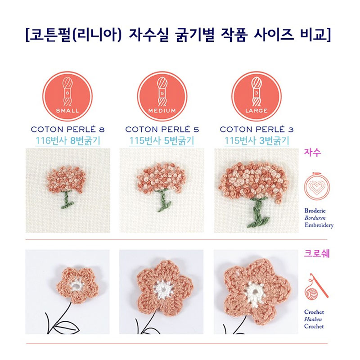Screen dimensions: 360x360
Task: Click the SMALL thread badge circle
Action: [x=67, y=96]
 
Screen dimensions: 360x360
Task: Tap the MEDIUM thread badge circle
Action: [x=162, y=96]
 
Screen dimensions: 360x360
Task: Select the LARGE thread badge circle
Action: [x=256, y=96]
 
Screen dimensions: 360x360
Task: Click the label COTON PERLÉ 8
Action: [x=68, y=129]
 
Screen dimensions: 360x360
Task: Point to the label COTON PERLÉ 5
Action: [x=162, y=129]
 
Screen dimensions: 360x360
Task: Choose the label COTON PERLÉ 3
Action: [x=256, y=129]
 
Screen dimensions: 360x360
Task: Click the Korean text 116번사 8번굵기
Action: [x=68, y=141]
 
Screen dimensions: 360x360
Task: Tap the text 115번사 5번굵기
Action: [x=162, y=141]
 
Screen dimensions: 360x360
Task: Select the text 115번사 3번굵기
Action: [x=256, y=141]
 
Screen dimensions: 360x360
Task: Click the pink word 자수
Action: [x=312, y=153]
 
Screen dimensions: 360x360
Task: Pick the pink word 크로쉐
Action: [x=317, y=253]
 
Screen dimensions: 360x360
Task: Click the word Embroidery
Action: [x=319, y=225]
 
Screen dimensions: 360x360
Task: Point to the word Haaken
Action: [x=313, y=319]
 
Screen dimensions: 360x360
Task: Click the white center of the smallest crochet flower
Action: [x=76, y=286]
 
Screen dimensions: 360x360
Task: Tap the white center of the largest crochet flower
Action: [x=254, y=294]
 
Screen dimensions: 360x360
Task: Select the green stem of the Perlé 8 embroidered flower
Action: [x=67, y=200]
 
